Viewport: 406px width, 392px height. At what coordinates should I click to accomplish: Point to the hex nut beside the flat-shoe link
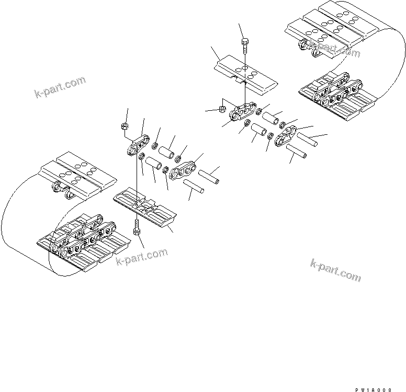click(x=221, y=110)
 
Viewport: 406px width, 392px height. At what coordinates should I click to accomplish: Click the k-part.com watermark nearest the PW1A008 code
click(x=335, y=269)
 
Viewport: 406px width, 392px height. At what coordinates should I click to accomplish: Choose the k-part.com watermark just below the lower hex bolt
click(x=142, y=256)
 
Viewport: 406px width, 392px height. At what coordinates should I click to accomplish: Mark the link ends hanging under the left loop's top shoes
click(x=62, y=190)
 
